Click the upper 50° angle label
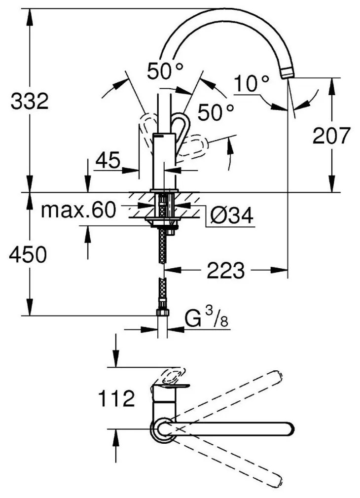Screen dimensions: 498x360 165,72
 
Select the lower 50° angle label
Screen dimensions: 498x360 216,112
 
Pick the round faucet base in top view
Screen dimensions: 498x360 163,428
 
